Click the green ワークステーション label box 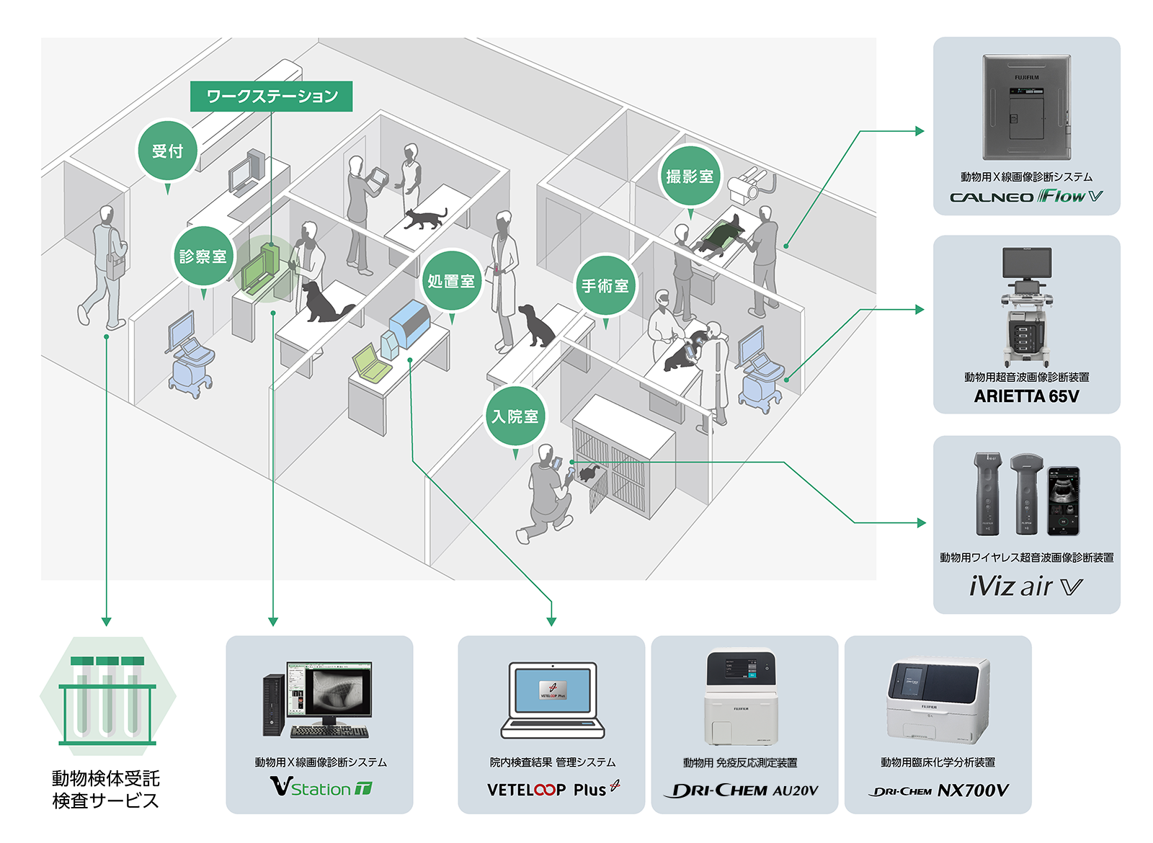point(271,96)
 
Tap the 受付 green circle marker point(167,151)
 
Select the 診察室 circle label point(202,257)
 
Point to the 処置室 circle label point(451,281)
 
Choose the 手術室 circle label point(605,285)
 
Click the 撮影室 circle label point(690,177)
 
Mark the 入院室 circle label point(515,416)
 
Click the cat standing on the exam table point(425,218)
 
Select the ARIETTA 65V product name point(1026,396)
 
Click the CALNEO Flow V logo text point(1026,197)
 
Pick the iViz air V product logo point(1026,586)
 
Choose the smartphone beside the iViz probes point(1064,500)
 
